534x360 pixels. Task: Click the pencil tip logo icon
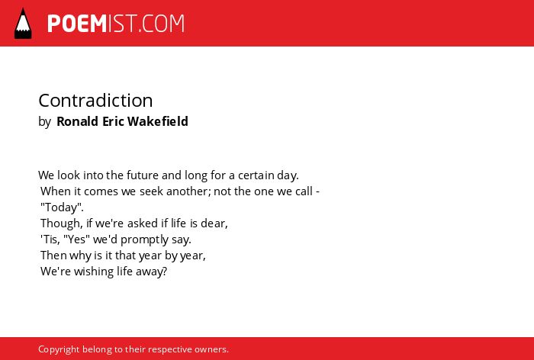pyautogui.click(x=23, y=23)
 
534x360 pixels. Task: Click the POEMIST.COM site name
pyautogui.click(x=116, y=24)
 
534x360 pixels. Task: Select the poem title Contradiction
pyautogui.click(x=95, y=101)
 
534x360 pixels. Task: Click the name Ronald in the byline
pyautogui.click(x=77, y=121)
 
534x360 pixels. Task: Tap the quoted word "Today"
pyautogui.click(x=62, y=207)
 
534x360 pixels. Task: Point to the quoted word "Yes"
pyautogui.click(x=76, y=239)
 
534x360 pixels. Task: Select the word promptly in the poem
pyautogui.click(x=144, y=239)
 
